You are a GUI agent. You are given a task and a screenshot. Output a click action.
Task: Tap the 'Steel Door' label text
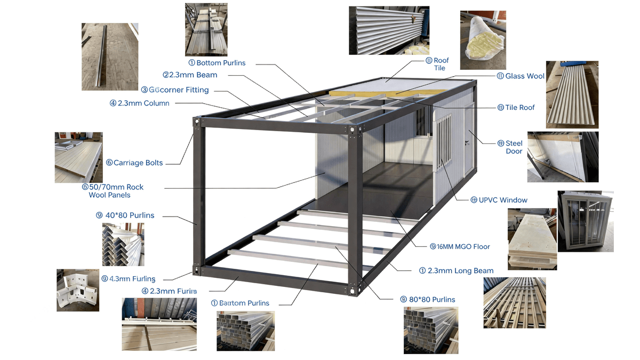514,147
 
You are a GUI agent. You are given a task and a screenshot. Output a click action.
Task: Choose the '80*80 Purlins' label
432,300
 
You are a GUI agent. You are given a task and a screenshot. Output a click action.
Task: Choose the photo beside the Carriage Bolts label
79,157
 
